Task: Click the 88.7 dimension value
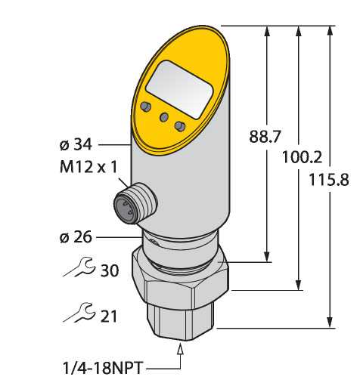(265, 137)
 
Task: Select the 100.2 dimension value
(303, 157)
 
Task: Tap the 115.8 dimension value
(329, 180)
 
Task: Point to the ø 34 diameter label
(76, 144)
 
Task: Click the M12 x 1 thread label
(88, 167)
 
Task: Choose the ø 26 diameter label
(76, 237)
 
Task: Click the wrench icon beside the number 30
(79, 267)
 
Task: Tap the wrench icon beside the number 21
(79, 313)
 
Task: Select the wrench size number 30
(110, 270)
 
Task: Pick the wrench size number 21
(109, 317)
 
